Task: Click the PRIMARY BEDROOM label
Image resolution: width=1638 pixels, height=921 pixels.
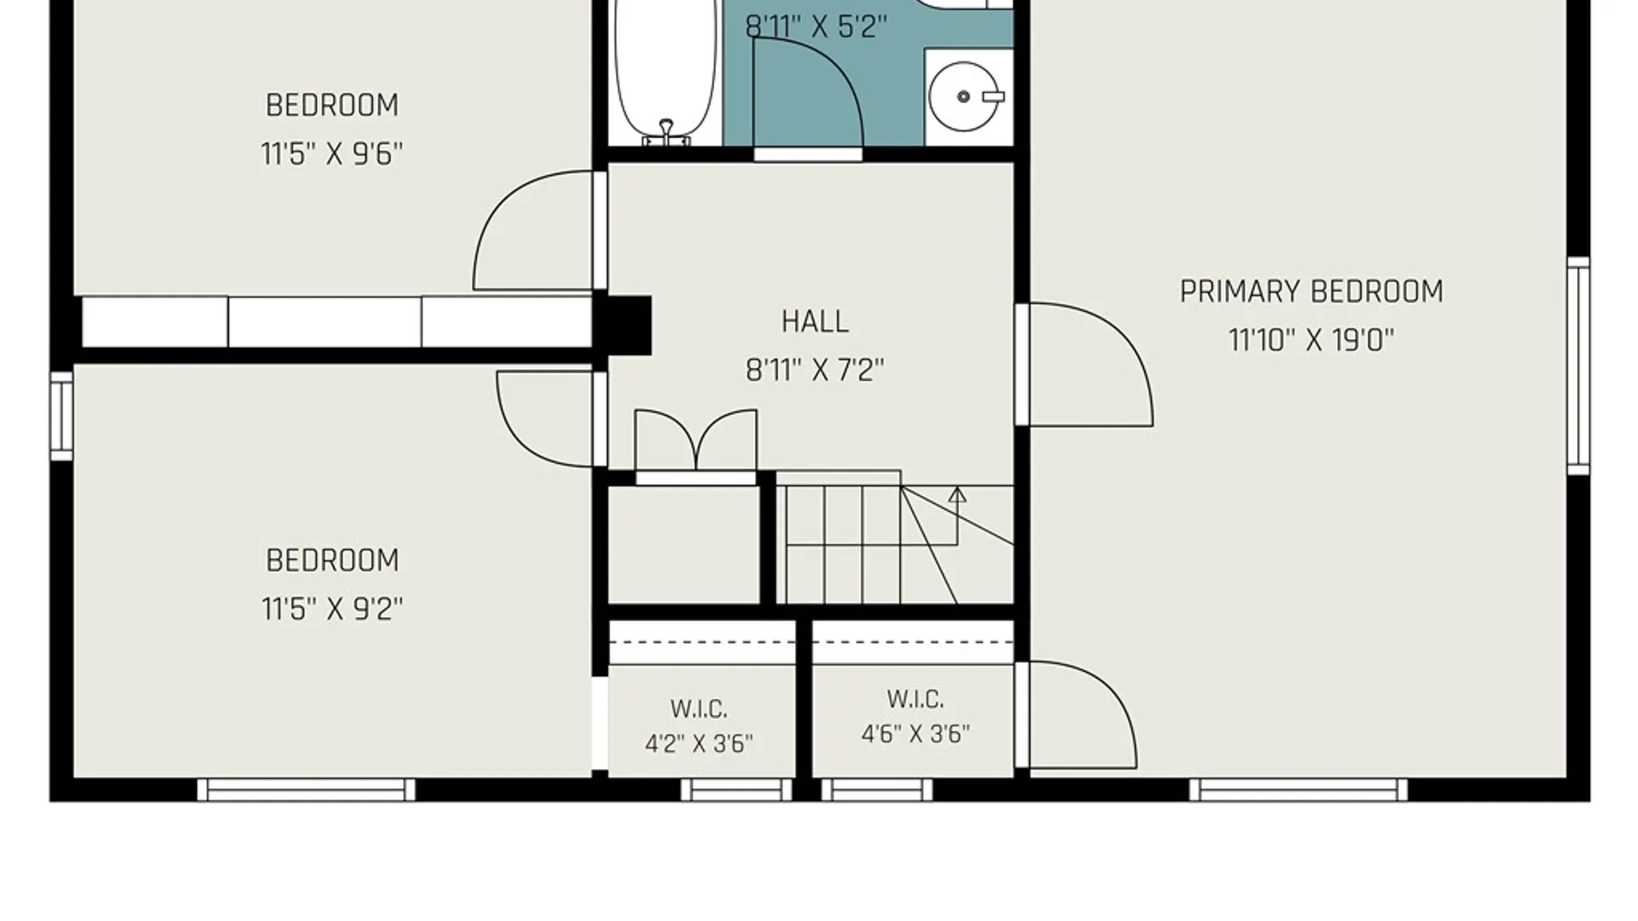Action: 1311,292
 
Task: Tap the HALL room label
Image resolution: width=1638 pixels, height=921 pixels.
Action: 815,321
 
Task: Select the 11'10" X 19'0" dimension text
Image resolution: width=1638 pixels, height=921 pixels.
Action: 1311,340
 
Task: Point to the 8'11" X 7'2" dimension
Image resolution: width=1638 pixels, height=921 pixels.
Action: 815,370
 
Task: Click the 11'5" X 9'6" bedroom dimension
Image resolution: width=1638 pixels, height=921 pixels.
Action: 332,154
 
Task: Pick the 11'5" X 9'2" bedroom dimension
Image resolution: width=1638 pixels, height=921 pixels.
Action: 332,609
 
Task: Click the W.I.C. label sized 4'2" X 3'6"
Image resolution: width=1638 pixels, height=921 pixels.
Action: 699,709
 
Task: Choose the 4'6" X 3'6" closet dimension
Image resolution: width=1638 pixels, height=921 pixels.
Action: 915,734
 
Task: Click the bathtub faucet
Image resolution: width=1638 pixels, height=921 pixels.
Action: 666,132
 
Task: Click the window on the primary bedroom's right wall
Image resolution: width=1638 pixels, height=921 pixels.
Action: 1579,365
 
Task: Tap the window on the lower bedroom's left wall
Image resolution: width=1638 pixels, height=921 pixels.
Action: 61,416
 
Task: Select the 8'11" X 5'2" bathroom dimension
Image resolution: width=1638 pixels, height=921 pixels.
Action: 816,27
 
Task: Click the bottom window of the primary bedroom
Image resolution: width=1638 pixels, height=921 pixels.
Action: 1298,790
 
